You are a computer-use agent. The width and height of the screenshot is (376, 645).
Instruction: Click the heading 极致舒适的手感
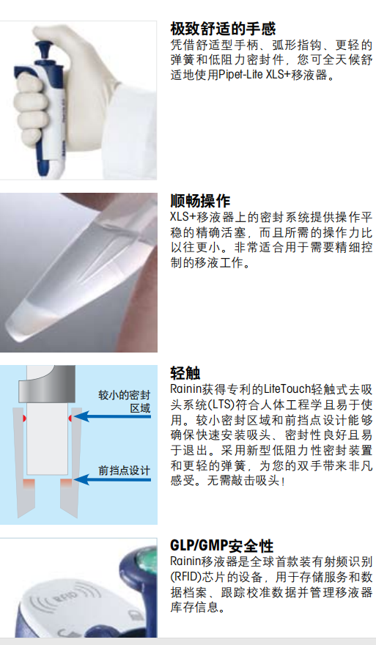tap(223, 29)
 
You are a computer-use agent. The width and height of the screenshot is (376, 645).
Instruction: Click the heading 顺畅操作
tap(200, 201)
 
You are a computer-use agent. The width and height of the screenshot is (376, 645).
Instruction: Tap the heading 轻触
tap(185, 372)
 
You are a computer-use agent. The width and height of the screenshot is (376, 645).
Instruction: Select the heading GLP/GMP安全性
tap(222, 545)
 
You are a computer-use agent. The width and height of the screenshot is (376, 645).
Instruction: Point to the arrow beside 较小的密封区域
tap(112, 416)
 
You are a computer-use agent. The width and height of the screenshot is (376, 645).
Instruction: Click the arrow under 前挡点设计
tap(112, 479)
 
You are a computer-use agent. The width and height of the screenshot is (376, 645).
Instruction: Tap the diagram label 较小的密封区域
tap(125, 402)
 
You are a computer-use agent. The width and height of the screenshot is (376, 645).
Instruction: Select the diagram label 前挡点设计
tap(125, 470)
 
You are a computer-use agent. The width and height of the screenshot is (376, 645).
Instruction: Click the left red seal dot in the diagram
tap(24, 419)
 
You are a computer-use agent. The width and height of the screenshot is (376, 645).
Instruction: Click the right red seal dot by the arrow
tap(71, 419)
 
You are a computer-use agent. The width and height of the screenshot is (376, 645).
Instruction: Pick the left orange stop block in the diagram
tap(29, 483)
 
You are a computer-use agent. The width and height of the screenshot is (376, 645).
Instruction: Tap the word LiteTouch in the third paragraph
tap(287, 388)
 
